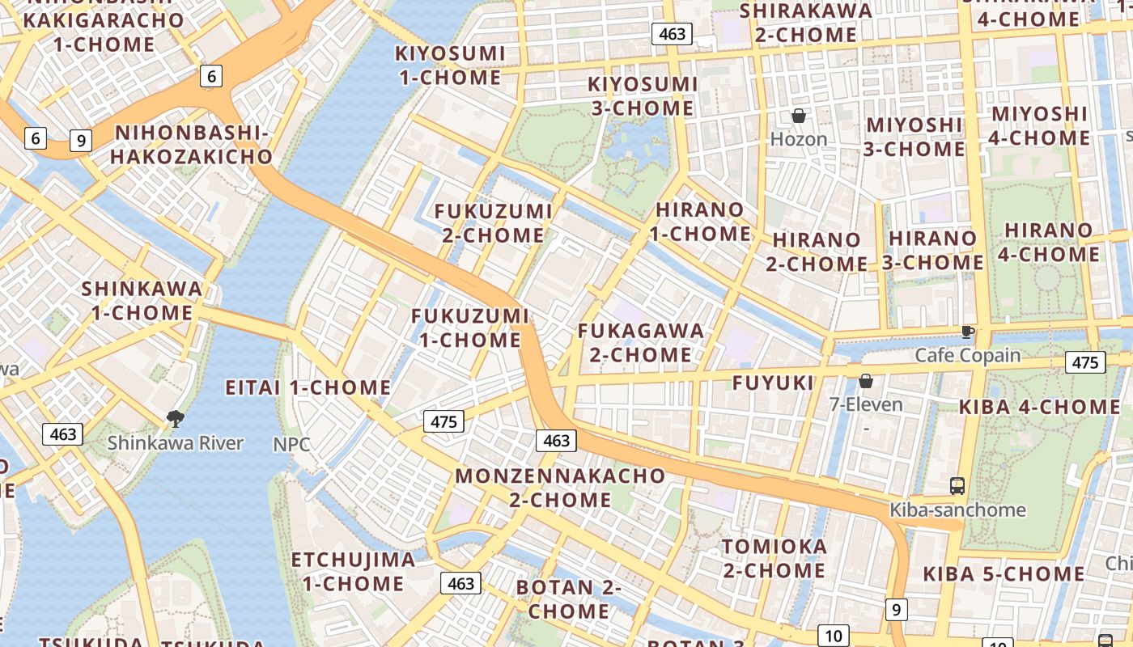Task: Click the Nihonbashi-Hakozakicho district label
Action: [191, 145]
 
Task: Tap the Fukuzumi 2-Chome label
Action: [493, 223]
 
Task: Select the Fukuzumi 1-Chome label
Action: [469, 328]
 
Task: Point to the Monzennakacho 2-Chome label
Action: [560, 487]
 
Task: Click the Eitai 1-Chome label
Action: [308, 387]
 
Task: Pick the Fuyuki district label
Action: [773, 383]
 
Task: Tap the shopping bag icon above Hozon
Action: [799, 116]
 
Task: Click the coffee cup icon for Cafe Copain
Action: [967, 332]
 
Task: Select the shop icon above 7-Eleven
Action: [866, 380]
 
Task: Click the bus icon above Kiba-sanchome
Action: [957, 485]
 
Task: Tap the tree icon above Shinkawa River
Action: [174, 418]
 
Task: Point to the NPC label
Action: [291, 444]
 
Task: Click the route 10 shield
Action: [833, 636]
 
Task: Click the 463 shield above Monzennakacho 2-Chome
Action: [556, 441]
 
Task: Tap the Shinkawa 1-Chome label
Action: [142, 301]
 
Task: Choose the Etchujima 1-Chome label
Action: [353, 571]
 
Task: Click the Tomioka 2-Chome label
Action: [774, 558]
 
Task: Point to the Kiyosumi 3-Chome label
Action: [642, 96]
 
